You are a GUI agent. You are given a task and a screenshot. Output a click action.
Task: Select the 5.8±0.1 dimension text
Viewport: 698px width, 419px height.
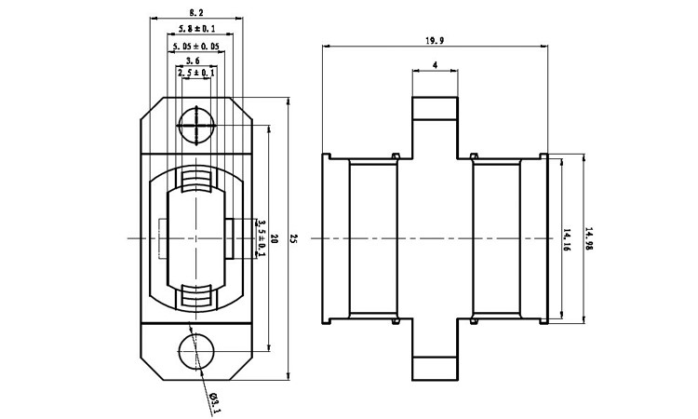[x=196, y=29]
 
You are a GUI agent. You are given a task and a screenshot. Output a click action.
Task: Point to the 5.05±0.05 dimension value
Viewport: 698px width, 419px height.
[x=196, y=44]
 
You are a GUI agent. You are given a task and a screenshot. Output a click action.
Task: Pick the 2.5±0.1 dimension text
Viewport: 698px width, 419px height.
[x=197, y=72]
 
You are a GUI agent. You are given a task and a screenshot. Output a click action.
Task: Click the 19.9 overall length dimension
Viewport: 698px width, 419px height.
[x=434, y=40]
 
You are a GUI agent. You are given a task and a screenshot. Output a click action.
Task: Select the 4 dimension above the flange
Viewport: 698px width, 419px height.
[x=436, y=66]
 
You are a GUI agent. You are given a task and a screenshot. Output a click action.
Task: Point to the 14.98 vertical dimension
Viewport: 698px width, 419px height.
[x=588, y=239]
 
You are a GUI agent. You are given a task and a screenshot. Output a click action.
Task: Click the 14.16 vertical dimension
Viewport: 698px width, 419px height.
[x=567, y=239]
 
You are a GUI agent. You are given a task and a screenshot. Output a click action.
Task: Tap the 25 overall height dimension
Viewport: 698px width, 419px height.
[x=294, y=239]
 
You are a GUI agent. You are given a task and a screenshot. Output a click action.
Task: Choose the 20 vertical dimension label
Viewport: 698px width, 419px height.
[x=274, y=239]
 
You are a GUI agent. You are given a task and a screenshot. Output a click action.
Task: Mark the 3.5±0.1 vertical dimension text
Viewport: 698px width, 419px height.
[x=261, y=239]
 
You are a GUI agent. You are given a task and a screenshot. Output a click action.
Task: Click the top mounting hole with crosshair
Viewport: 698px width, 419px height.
[x=196, y=124]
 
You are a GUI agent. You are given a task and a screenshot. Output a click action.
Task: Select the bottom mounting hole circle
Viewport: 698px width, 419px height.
[x=195, y=352]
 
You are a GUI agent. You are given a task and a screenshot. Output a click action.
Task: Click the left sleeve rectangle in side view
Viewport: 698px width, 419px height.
[x=373, y=239]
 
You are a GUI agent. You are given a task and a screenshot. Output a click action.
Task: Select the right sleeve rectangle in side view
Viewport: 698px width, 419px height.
[x=496, y=239]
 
